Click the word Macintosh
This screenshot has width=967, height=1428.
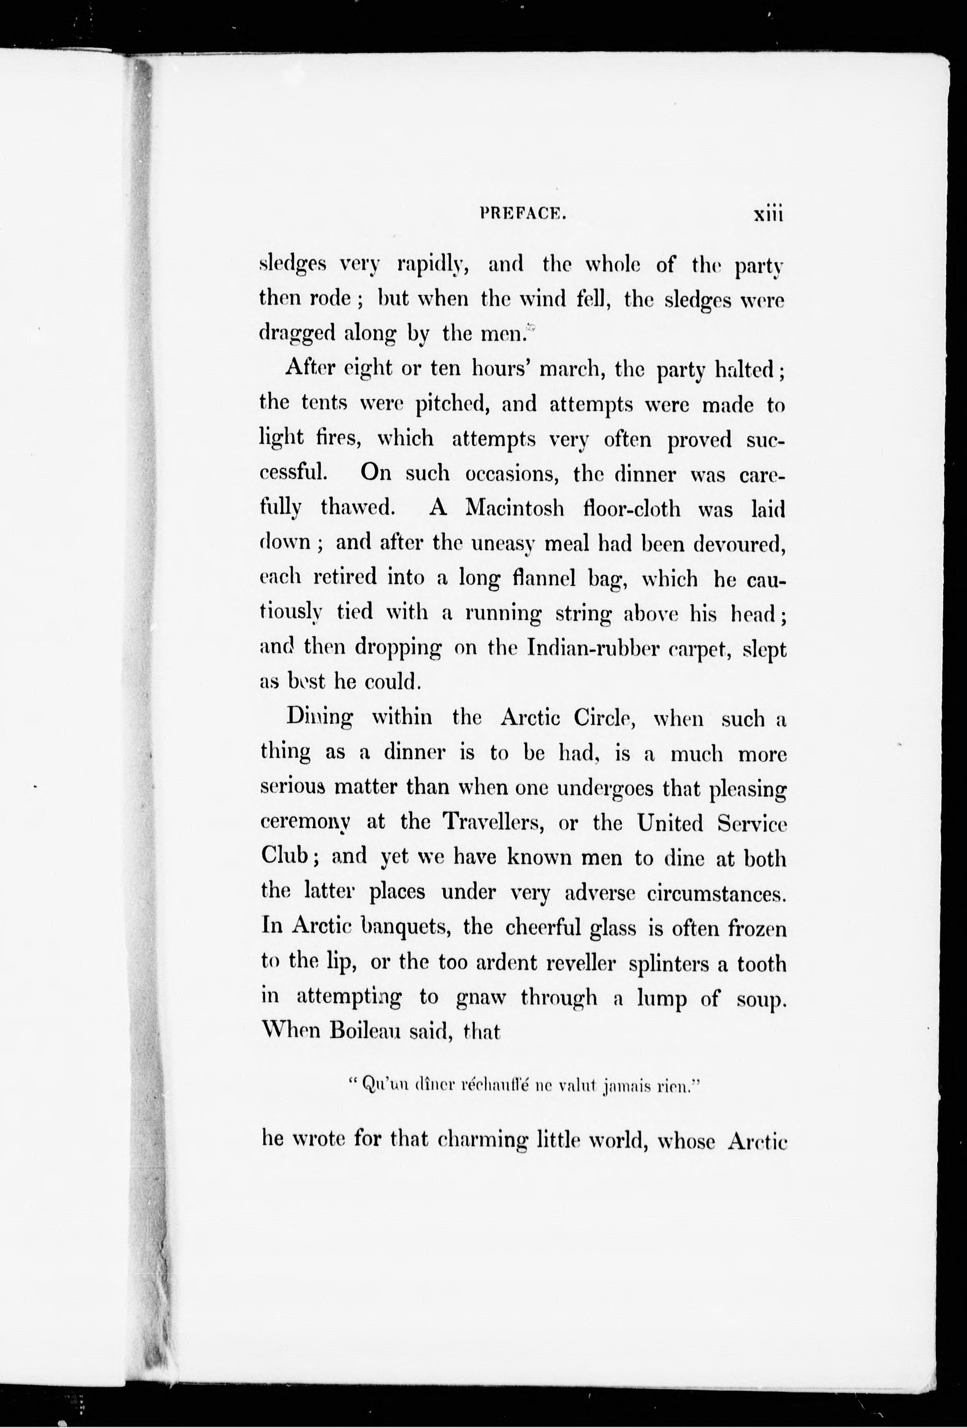pyautogui.click(x=515, y=508)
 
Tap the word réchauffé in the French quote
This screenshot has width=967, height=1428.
pyautogui.click(x=476, y=1087)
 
